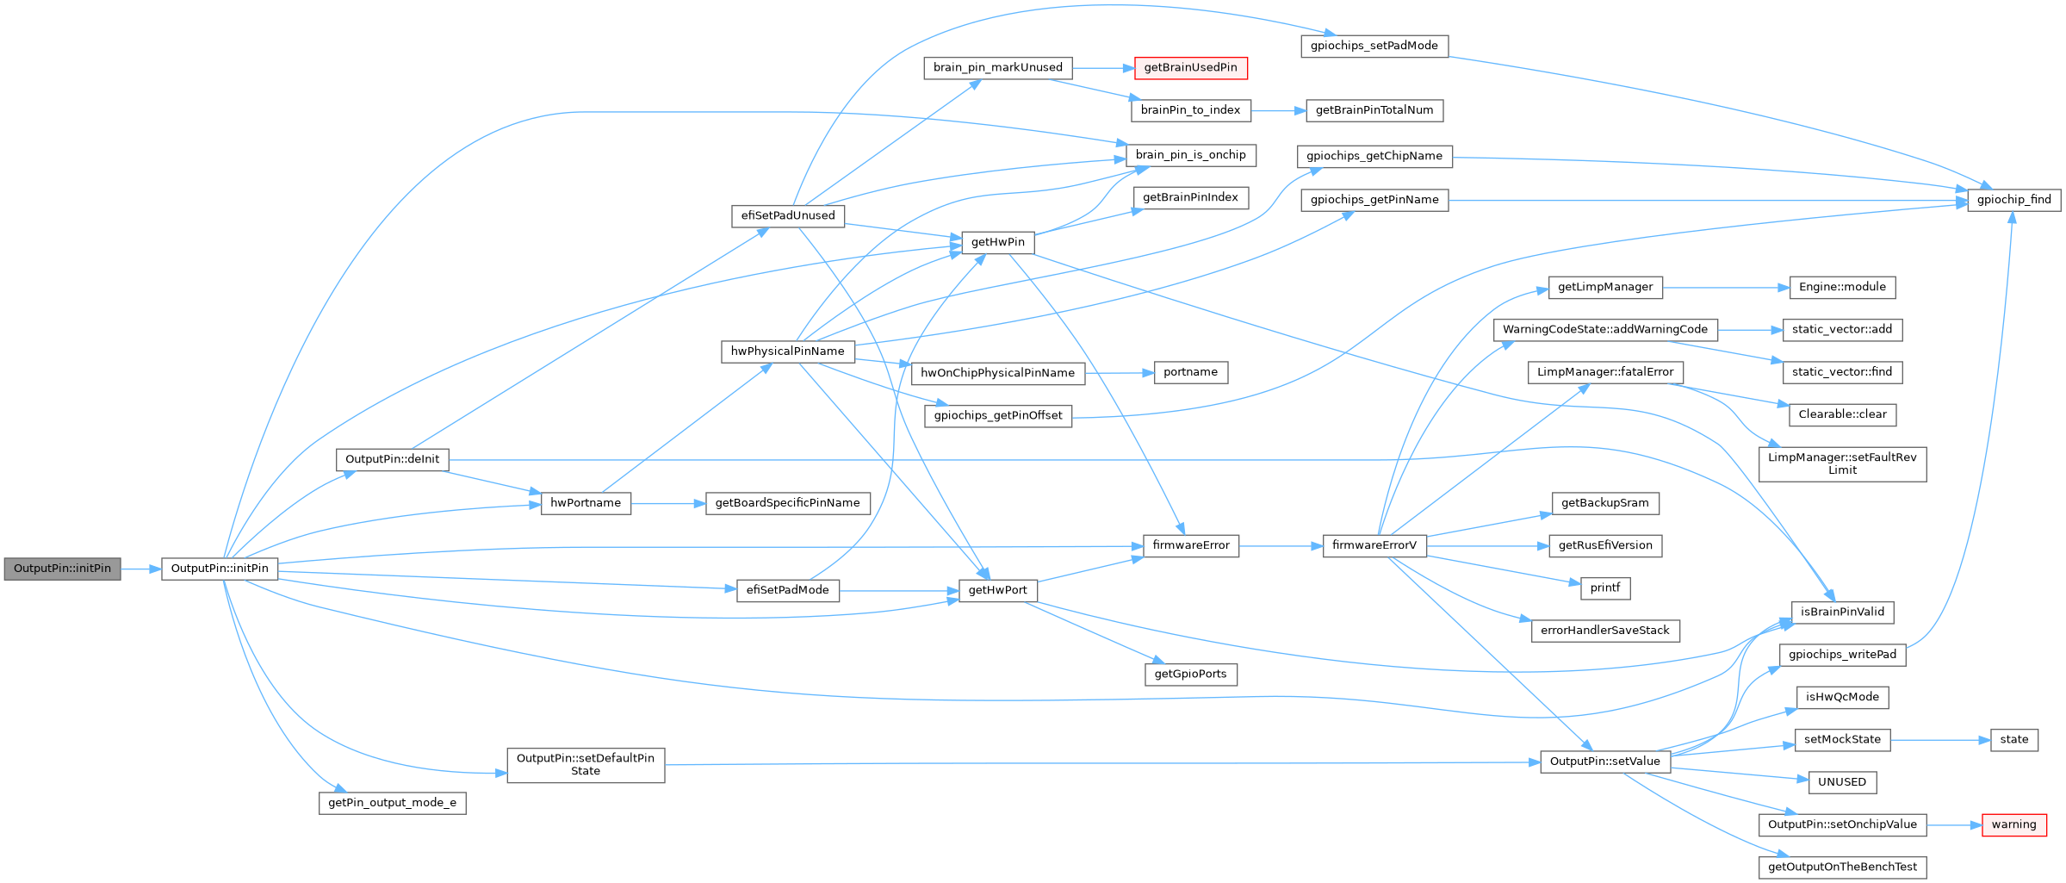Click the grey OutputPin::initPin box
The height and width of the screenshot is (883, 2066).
point(62,569)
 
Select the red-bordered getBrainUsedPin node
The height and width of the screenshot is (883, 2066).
point(1190,68)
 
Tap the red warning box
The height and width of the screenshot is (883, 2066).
point(2013,824)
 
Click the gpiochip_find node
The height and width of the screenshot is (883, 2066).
point(2013,200)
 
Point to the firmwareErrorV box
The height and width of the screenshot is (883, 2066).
point(1374,545)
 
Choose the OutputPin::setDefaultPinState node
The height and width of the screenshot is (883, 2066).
point(586,764)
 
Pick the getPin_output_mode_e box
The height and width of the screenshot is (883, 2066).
point(392,803)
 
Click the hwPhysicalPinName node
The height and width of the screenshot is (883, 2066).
point(787,351)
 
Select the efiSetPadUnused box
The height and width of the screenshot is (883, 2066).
point(787,215)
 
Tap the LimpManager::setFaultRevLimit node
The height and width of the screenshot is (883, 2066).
point(1842,463)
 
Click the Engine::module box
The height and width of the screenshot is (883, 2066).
point(1842,288)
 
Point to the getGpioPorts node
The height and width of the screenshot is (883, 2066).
point(1190,674)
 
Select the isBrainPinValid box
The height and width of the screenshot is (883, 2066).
point(1842,613)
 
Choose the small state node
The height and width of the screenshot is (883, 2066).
point(2013,739)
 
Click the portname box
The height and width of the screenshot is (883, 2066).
point(1190,372)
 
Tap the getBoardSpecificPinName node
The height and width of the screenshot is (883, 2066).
point(787,503)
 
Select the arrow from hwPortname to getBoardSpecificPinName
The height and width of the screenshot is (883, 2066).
point(667,503)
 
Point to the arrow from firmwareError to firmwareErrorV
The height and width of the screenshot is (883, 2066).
point(1281,545)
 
